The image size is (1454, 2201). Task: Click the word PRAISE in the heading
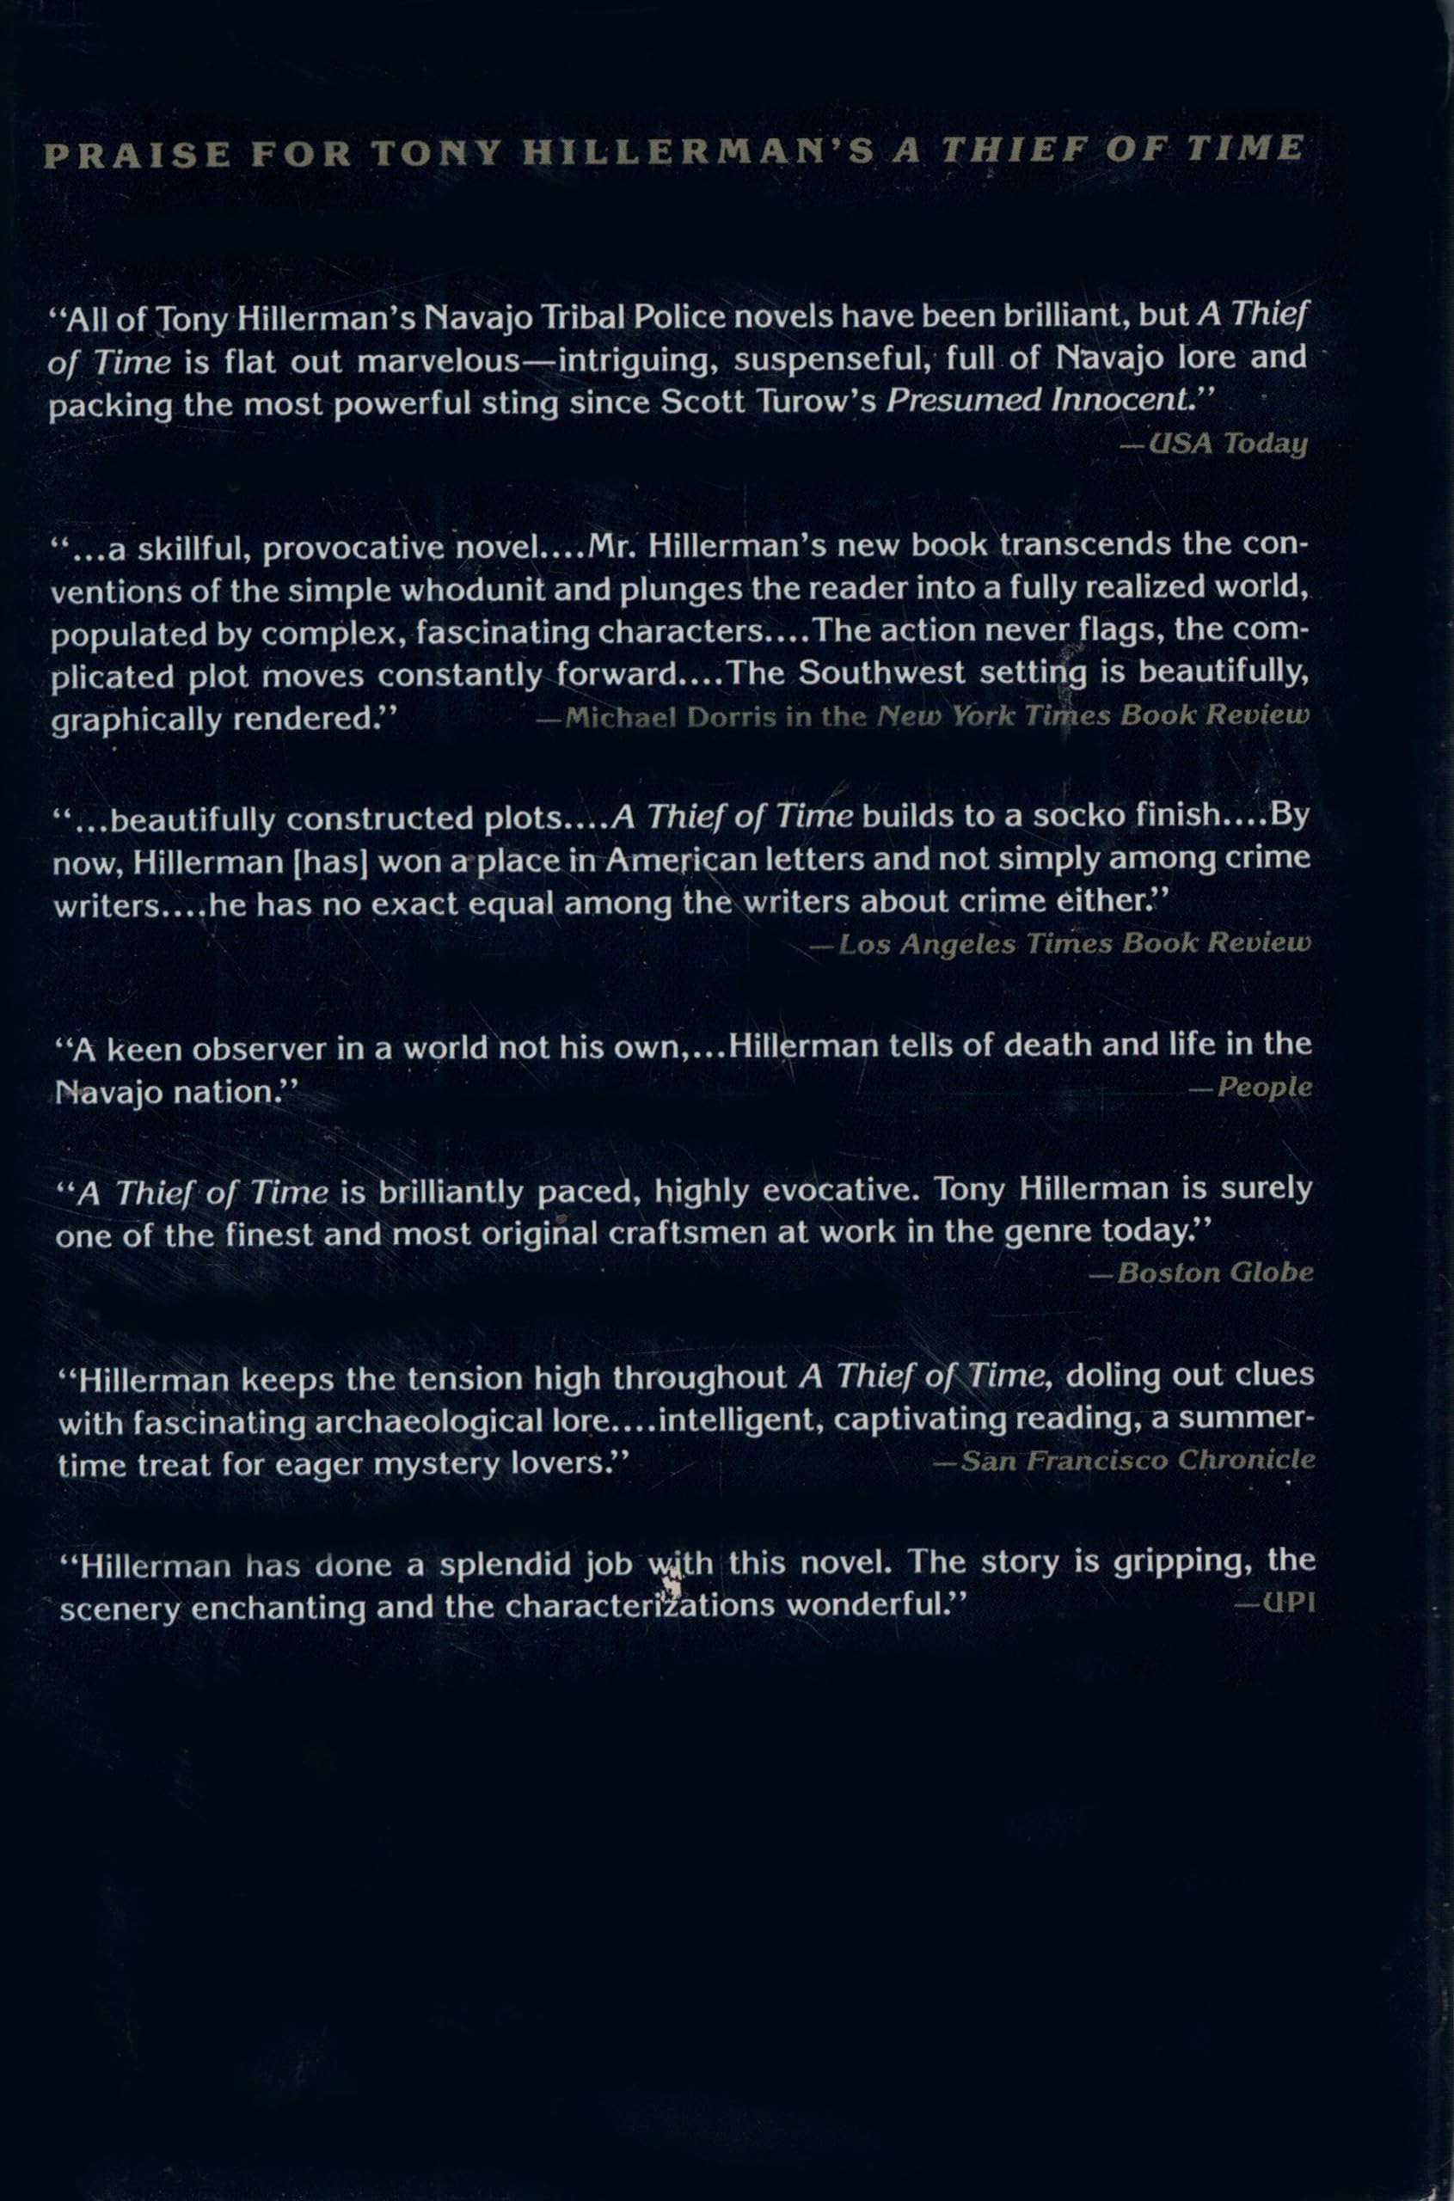click(137, 155)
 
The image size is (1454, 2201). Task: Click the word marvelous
click(438, 360)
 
